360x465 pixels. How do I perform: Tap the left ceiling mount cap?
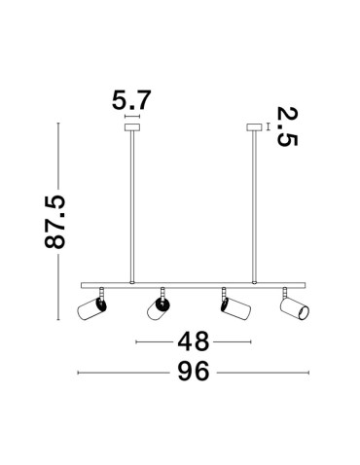pyautogui.click(x=132, y=125)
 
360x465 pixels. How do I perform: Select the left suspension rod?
pyautogui.click(x=132, y=204)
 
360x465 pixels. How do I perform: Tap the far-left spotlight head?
pyautogui.click(x=92, y=310)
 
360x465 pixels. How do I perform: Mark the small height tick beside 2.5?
pyautogui.click(x=268, y=125)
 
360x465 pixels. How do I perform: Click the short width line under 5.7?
pyautogui.click(x=132, y=115)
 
